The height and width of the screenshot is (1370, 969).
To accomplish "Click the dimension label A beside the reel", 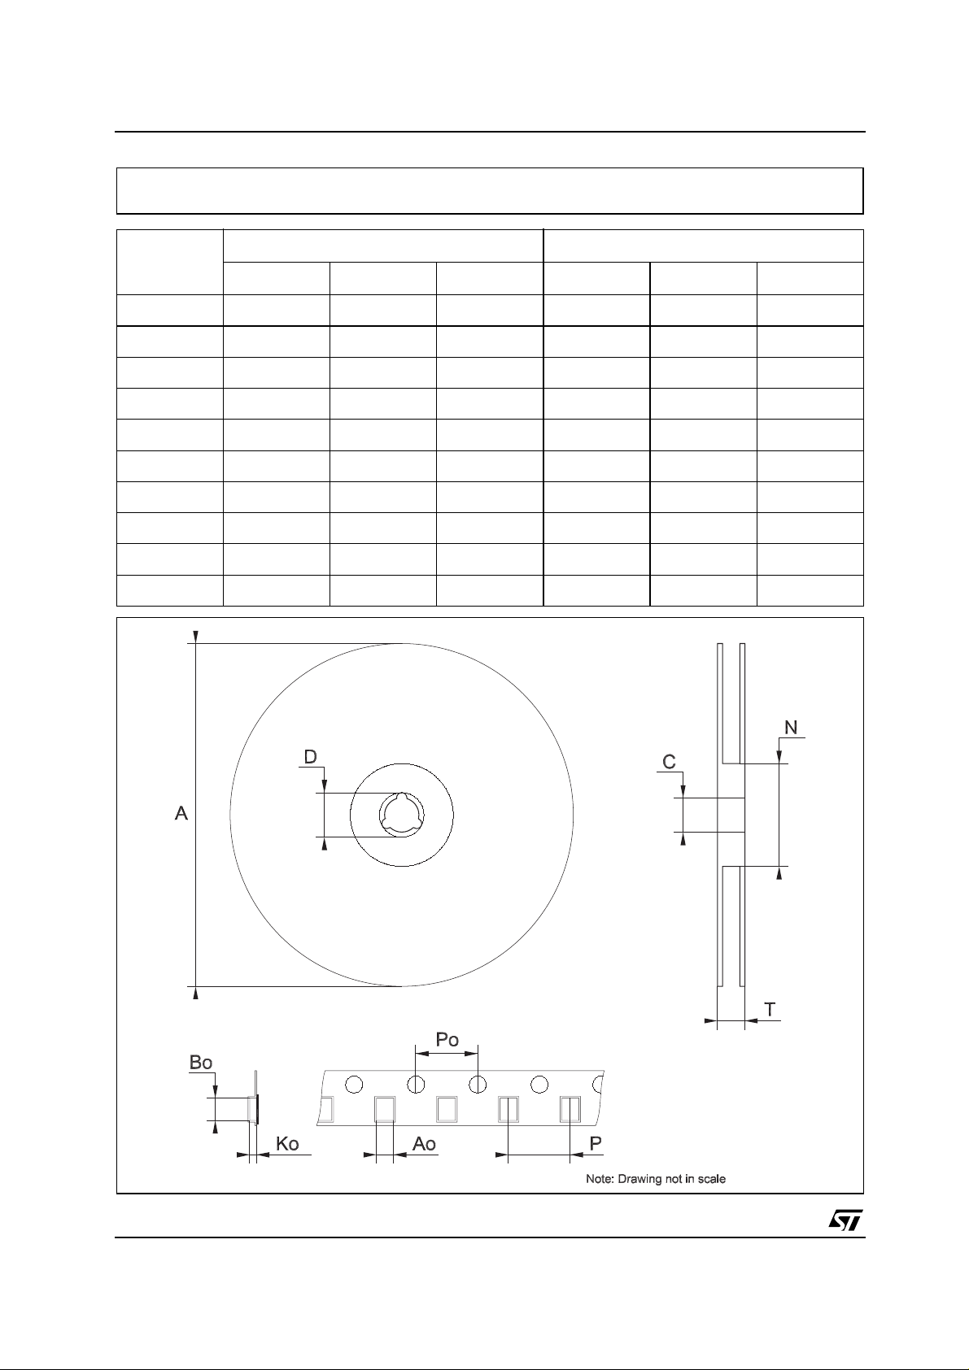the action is (181, 813).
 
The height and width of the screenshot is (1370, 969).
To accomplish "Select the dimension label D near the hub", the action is (311, 757).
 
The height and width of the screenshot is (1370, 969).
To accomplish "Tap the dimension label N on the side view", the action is (791, 727).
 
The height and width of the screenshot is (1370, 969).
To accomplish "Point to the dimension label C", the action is (669, 762).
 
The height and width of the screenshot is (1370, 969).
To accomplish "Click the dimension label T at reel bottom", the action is (770, 1010).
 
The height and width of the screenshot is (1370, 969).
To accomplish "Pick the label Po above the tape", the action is (447, 1040).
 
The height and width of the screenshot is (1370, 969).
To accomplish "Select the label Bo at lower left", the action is (201, 1063).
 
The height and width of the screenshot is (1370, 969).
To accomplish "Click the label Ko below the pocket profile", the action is (287, 1144).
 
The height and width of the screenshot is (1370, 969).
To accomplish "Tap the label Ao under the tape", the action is (424, 1144).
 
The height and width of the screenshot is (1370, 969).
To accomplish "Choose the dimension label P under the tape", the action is (596, 1143).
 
